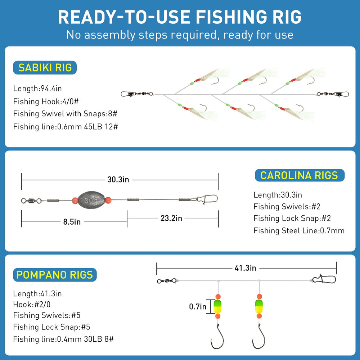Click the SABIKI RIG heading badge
tap(45, 67)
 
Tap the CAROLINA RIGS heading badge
tap(299, 175)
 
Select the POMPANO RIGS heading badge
tap(55, 275)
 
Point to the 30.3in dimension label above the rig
tap(118, 179)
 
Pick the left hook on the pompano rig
tap(217, 337)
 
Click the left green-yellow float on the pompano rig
tap(218, 306)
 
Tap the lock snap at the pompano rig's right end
tap(324, 279)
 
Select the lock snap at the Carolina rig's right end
tap(207, 198)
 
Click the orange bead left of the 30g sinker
tap(75, 200)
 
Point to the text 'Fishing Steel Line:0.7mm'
tap(299, 230)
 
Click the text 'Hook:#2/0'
tap(32, 304)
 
